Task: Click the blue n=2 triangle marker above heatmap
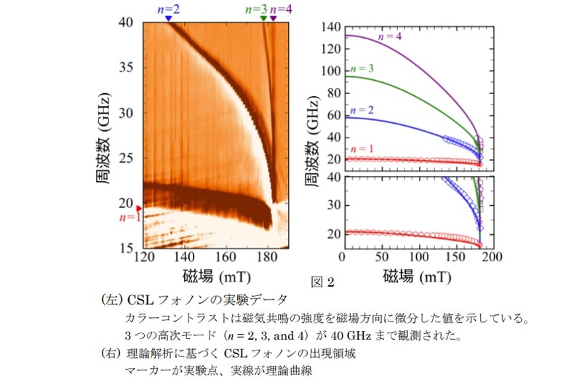pyautogui.click(x=168, y=18)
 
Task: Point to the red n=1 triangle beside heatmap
pyautogui.click(x=140, y=207)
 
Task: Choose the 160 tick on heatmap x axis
pyautogui.click(x=226, y=258)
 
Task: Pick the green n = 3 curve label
pyautogui.click(x=362, y=68)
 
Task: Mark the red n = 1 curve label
pyautogui.click(x=362, y=150)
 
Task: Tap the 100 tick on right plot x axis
pyautogui.click(x=418, y=258)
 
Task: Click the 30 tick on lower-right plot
pyautogui.click(x=334, y=206)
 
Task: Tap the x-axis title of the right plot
pyautogui.click(x=417, y=276)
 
